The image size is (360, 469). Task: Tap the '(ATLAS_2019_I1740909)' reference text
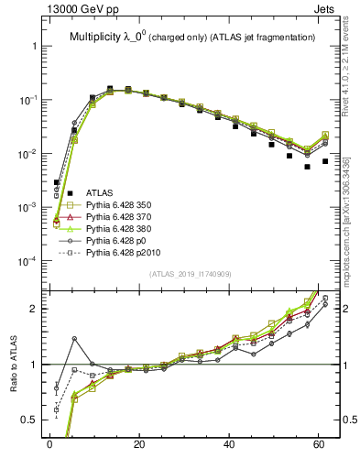[x=190, y=274]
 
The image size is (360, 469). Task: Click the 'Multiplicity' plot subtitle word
[x=95, y=37]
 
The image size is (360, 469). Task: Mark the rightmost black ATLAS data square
[x=325, y=161]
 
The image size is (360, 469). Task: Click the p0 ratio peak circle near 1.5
[x=74, y=339]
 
